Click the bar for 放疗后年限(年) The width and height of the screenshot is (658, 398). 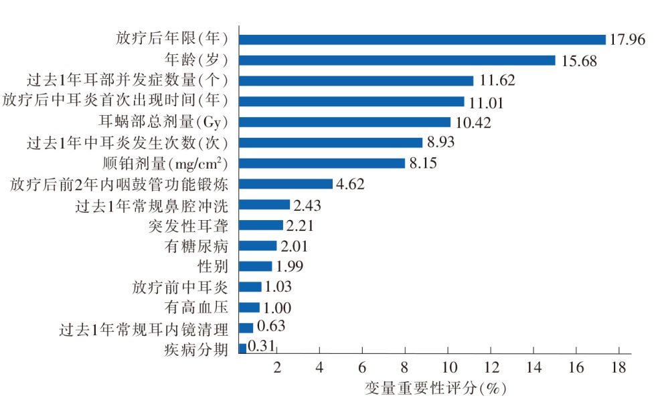click(422, 39)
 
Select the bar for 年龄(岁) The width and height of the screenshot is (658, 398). click(397, 60)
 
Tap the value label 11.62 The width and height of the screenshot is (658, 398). click(499, 81)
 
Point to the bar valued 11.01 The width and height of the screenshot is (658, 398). click(351, 102)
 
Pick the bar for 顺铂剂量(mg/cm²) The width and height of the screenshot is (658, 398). click(322, 163)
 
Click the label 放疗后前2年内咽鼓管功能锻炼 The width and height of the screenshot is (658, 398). click(120, 184)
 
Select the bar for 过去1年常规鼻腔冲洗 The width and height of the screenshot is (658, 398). click(264, 205)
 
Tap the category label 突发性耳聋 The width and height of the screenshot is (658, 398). click(189, 225)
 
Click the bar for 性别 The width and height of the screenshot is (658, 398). click(256, 266)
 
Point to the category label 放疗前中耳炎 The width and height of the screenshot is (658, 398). click(181, 287)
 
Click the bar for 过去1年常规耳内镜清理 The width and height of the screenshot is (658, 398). click(246, 328)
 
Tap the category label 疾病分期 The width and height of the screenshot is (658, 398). click(197, 349)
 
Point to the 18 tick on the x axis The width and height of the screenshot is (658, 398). click(618, 367)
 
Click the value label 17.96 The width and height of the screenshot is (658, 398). click(627, 39)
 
